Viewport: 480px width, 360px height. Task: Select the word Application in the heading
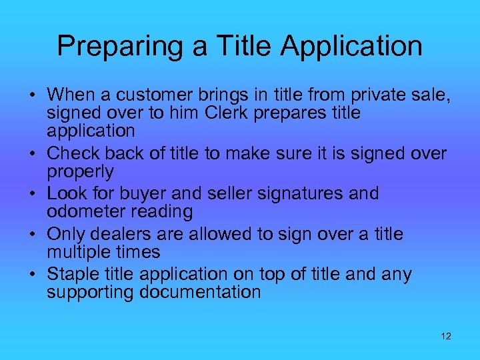coord(351,46)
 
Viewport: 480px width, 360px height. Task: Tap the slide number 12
coord(446,336)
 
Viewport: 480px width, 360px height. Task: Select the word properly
coord(80,171)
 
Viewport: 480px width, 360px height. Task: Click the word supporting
coord(91,292)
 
